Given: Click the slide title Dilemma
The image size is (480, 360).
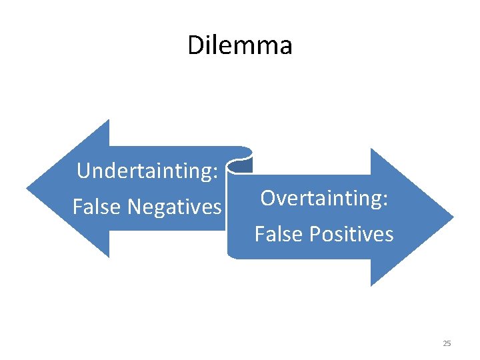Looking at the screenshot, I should pos(239,45).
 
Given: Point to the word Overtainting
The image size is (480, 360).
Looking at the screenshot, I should pos(321,198).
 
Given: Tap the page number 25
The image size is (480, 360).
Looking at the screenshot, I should pos(447,343).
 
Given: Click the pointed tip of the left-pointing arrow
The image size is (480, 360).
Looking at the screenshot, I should pos(27,189).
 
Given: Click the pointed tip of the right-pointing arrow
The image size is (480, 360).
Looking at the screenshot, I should pos(453,217).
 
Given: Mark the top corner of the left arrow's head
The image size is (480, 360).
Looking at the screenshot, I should pos(108,121).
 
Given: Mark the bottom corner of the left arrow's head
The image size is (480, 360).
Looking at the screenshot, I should pos(108,257).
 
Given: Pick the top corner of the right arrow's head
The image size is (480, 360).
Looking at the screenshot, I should pos(371,149).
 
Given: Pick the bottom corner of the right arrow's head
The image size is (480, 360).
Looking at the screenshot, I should pos(371,286).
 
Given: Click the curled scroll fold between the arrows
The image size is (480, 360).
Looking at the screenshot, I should pos(240,160).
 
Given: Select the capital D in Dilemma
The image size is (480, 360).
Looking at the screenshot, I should pos(195,45).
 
